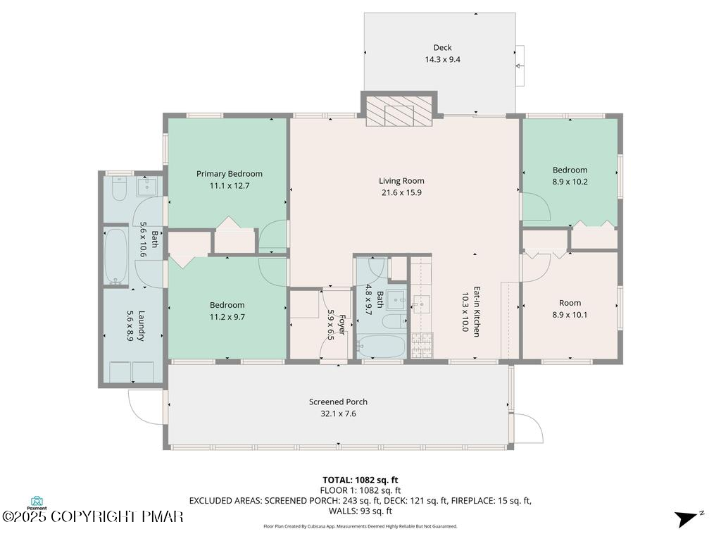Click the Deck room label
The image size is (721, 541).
(442, 47)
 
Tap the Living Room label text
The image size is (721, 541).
(401, 181)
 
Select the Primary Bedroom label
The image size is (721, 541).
(230, 174)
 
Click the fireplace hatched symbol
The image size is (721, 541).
(399, 111)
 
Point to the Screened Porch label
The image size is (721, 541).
(338, 402)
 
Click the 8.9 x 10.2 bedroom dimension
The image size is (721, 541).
(570, 182)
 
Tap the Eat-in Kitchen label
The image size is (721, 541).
(477, 312)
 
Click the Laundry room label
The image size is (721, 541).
(141, 325)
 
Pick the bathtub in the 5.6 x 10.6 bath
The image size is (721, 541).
(116, 256)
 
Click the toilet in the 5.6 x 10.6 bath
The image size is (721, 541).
(119, 189)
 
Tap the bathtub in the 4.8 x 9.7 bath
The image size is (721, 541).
(380, 346)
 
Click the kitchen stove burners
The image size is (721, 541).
(422, 345)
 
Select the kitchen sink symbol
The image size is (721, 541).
(421, 304)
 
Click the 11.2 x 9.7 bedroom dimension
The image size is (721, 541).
(227, 317)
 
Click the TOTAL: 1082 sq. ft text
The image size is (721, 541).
(360, 480)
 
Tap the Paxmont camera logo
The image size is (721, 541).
(37, 501)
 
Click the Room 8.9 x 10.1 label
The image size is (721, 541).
(570, 309)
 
